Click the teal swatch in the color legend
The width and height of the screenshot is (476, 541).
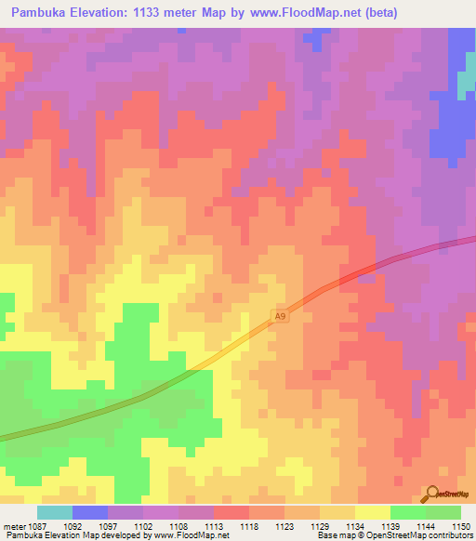[x=54, y=512]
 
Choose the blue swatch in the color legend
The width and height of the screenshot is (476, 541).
[x=90, y=512]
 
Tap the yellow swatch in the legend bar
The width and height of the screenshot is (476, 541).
[x=372, y=512]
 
